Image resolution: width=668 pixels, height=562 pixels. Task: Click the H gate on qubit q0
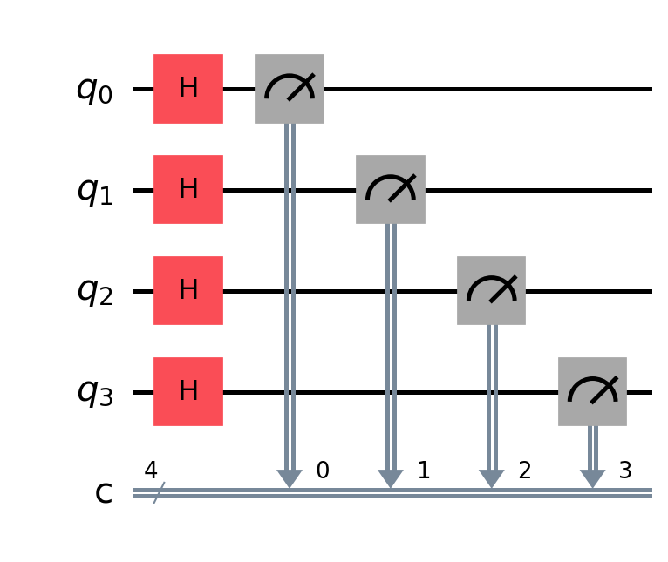(188, 89)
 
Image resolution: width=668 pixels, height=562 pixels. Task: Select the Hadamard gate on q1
(188, 190)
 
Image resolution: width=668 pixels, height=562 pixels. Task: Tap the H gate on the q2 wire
(188, 291)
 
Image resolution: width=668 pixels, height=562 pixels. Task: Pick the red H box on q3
(188, 392)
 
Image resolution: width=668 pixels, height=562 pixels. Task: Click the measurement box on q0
(290, 89)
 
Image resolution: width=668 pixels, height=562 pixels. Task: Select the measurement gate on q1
(390, 190)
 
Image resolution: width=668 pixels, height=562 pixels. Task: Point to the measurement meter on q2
(491, 291)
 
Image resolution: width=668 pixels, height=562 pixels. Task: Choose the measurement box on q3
(592, 392)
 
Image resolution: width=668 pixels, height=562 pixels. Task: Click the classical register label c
(104, 493)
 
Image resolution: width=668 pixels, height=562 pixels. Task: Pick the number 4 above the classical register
(151, 471)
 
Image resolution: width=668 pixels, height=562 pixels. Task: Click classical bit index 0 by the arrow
(323, 471)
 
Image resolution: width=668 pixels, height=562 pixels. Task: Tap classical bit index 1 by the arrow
(424, 471)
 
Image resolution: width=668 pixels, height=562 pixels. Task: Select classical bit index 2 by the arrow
(525, 471)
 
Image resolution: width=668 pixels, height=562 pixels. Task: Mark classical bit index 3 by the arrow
(625, 471)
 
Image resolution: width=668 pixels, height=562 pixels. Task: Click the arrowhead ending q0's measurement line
(290, 478)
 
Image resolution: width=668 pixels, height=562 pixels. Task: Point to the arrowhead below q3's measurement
(592, 478)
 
